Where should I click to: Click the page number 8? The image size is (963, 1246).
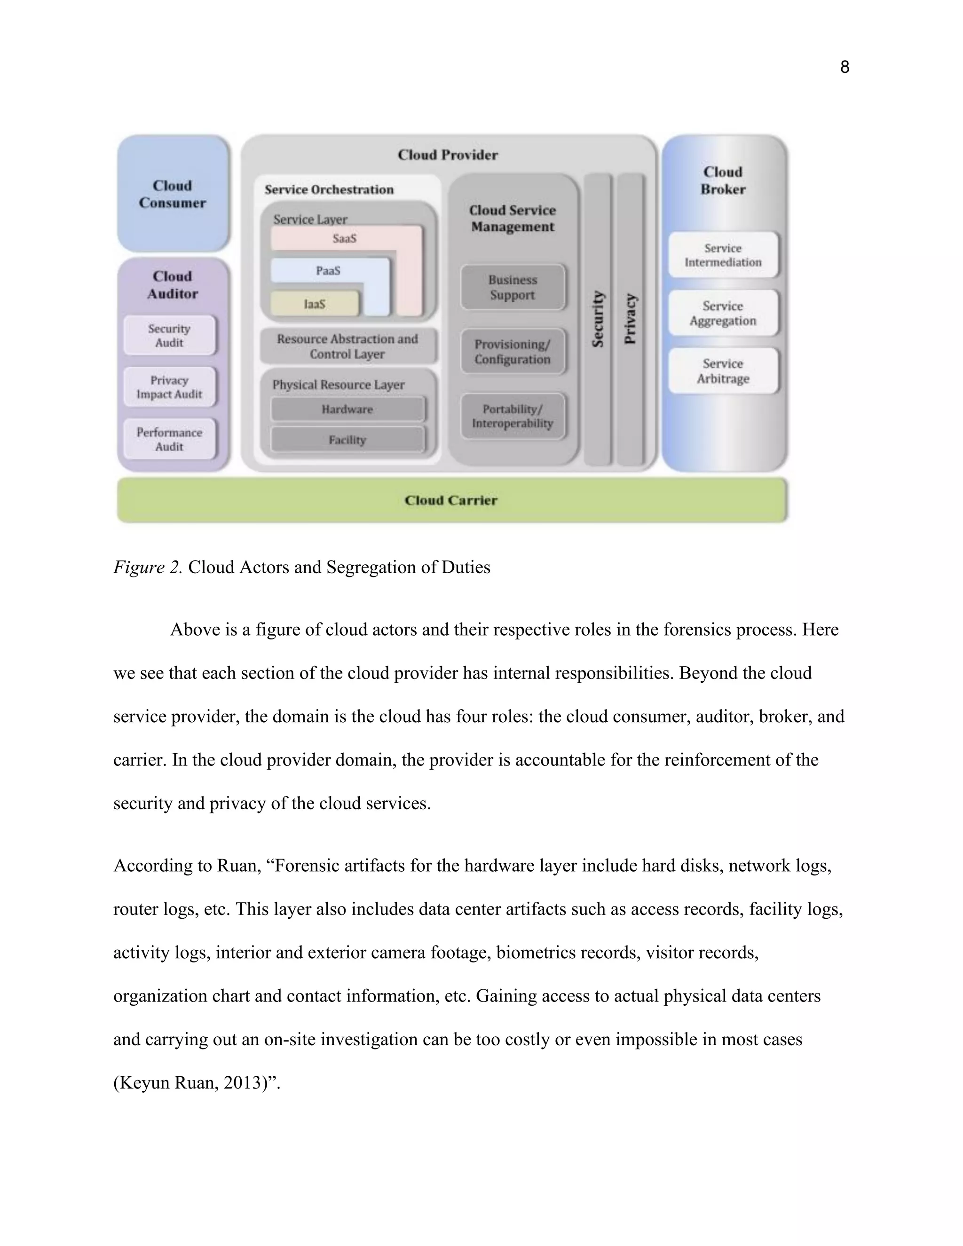845,67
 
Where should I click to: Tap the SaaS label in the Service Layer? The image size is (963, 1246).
345,238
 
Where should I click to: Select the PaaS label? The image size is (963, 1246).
328,270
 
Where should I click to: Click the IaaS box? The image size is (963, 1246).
315,304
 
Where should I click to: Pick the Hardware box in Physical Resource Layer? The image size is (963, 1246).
347,409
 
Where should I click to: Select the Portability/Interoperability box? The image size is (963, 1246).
513,417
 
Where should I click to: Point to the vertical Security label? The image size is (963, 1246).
597,319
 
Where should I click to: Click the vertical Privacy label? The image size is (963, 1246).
630,319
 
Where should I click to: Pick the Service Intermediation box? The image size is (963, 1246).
723,255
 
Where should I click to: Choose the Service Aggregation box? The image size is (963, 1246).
723,313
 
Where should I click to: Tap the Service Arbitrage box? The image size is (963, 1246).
723,371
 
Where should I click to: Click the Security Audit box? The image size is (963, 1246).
169,335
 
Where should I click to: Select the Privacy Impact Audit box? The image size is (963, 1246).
169,387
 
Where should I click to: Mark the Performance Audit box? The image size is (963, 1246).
169,439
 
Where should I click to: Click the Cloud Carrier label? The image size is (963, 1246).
450,500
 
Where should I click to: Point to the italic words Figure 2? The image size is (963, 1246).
148,567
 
